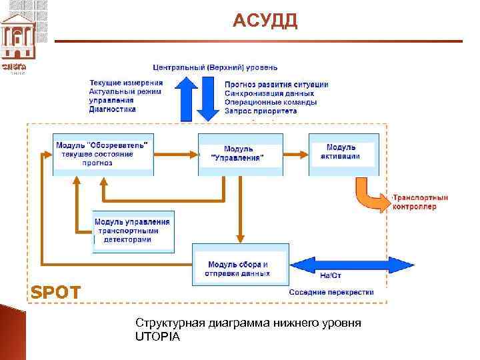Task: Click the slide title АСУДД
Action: pyautogui.click(x=265, y=21)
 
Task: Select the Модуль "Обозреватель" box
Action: pyautogui.click(x=103, y=154)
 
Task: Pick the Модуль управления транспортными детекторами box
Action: pyautogui.click(x=132, y=231)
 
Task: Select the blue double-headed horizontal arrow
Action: pyautogui.click(x=354, y=265)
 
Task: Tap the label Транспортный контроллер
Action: pyautogui.click(x=421, y=202)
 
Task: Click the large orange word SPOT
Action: pyautogui.click(x=56, y=292)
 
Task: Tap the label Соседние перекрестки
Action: pyautogui.click(x=331, y=292)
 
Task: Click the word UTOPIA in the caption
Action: pyautogui.click(x=157, y=337)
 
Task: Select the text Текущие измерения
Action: pyautogui.click(x=125, y=83)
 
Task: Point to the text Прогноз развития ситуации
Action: pyautogui.click(x=276, y=85)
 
